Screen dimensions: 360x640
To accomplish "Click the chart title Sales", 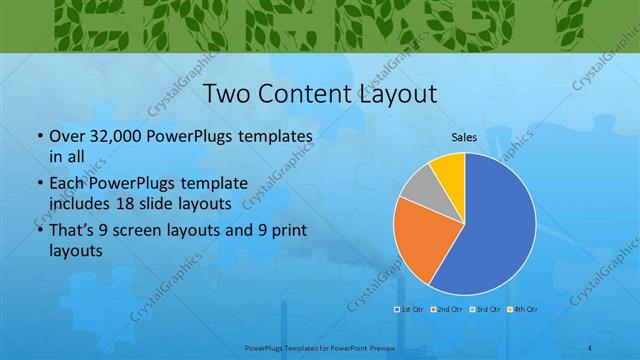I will coord(463,136).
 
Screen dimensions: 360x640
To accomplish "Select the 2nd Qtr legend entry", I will coord(449,309).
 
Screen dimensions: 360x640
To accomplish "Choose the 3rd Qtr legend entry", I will coord(487,309).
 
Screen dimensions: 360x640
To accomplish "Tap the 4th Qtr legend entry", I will coord(524,309).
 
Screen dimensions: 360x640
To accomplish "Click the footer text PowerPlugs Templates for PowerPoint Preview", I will coord(319,347).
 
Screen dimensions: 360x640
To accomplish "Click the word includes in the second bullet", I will coord(82,203).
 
